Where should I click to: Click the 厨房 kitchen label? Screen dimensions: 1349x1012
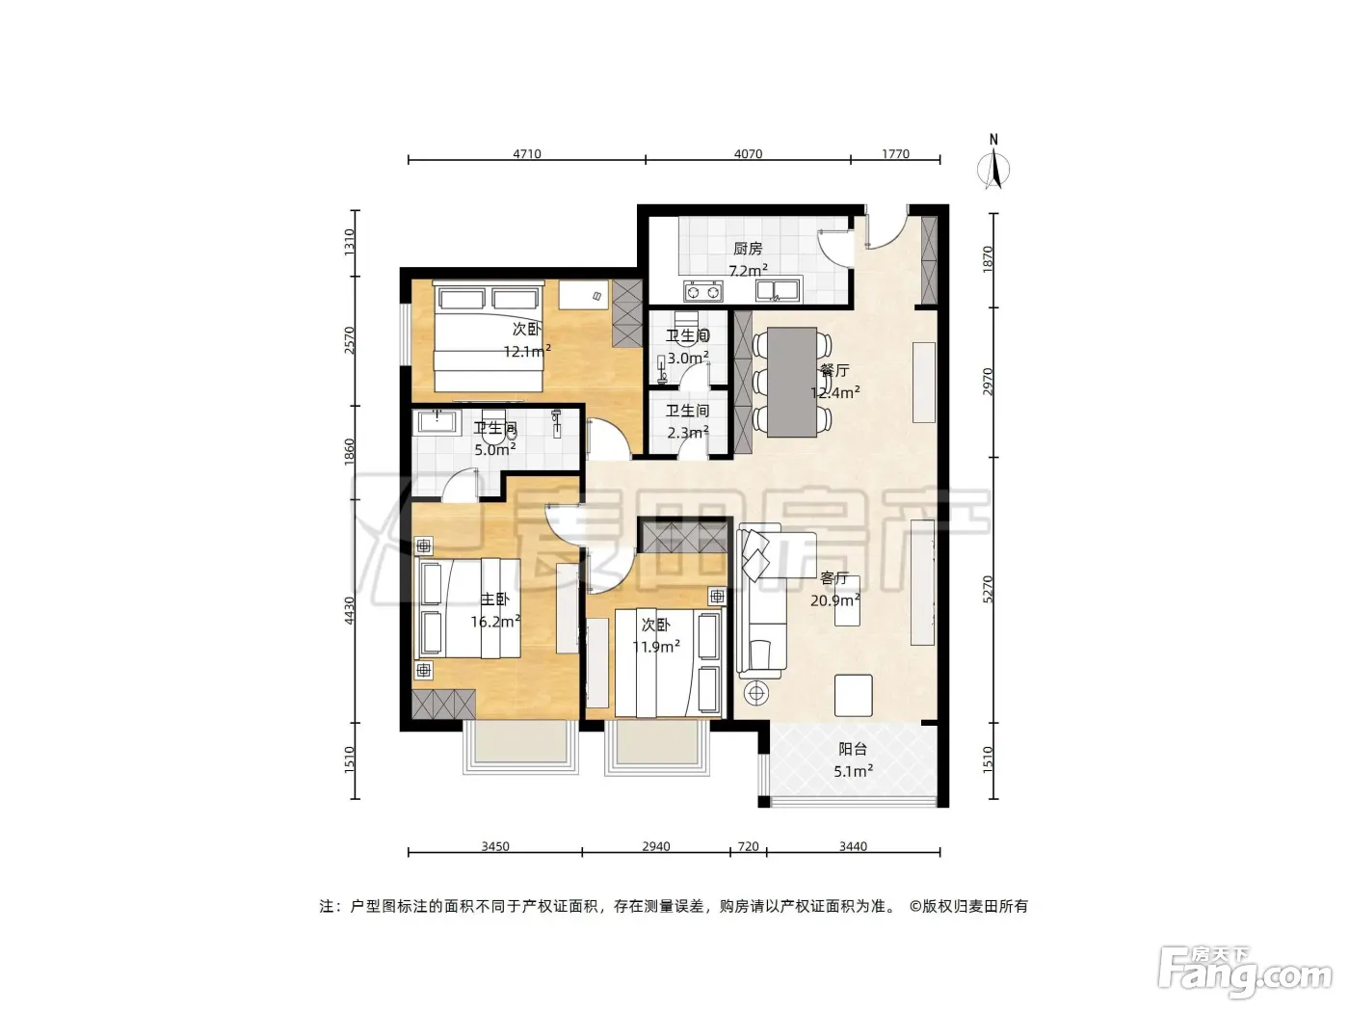tap(748, 249)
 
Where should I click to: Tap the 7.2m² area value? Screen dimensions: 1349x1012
tap(748, 270)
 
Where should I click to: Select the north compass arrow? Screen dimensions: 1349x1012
tap(993, 169)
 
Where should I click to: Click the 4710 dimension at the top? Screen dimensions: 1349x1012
tap(527, 153)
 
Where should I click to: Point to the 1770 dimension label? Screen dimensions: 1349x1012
tap(895, 153)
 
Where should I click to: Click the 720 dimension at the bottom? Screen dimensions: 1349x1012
tap(748, 846)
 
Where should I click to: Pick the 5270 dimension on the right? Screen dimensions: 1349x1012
tap(988, 589)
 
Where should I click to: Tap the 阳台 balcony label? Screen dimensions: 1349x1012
tap(853, 749)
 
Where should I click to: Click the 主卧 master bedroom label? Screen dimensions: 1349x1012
tap(494, 599)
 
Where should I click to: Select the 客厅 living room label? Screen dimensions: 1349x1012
tap(834, 578)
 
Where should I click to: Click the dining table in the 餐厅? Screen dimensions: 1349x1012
tap(792, 382)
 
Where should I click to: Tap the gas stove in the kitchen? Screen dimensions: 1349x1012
tap(702, 291)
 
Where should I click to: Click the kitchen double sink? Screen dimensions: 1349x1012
tap(779, 290)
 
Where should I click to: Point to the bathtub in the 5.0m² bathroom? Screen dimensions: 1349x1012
tap(436, 423)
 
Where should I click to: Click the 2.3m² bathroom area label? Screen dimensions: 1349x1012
tap(688, 432)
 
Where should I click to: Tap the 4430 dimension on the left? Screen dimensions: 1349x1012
tap(349, 610)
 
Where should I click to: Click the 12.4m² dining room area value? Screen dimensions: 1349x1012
tap(834, 392)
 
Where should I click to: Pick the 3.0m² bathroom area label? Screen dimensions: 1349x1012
tap(688, 357)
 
